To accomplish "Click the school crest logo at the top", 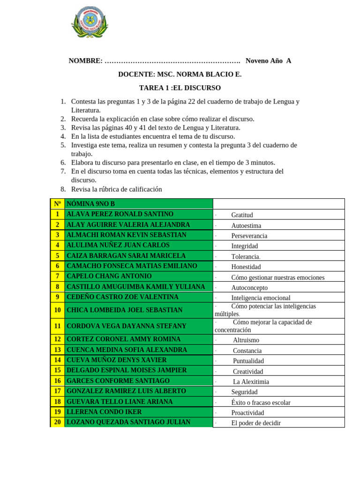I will coord(90,22).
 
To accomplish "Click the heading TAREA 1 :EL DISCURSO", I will coord(180,88).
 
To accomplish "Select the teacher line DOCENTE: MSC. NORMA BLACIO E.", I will coord(180,74).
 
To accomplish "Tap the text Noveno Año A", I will coord(268,60).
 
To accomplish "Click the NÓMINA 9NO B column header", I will coord(91,203).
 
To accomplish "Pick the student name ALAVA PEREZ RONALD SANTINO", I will coord(120,214).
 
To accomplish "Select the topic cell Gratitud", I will coord(242,215).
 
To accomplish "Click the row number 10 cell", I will coord(57,310).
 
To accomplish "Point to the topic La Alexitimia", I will coord(251,382).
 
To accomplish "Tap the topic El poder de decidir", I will coord(255,423).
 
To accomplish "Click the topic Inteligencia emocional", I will coord(261,298).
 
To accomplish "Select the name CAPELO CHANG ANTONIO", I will coord(109,276).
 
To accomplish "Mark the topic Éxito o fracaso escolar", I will coord(261,402).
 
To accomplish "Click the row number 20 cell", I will coord(57,422).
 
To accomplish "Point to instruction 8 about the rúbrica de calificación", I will coord(116,189).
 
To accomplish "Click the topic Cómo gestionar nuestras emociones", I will coord(277,277).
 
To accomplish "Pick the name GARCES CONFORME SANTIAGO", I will coord(118,381).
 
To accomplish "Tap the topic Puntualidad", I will coord(248,361).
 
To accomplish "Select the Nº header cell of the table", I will coord(57,203).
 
